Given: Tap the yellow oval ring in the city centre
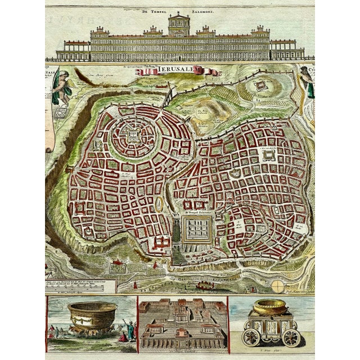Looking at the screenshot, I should [x=160, y=204].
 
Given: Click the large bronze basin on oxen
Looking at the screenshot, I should [x=91, y=314].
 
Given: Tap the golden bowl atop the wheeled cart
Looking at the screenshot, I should [x=269, y=307].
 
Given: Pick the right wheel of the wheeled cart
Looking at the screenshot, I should [x=291, y=337].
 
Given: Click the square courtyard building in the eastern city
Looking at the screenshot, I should [x=267, y=156].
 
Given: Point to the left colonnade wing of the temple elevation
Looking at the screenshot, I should [x=71, y=52].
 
